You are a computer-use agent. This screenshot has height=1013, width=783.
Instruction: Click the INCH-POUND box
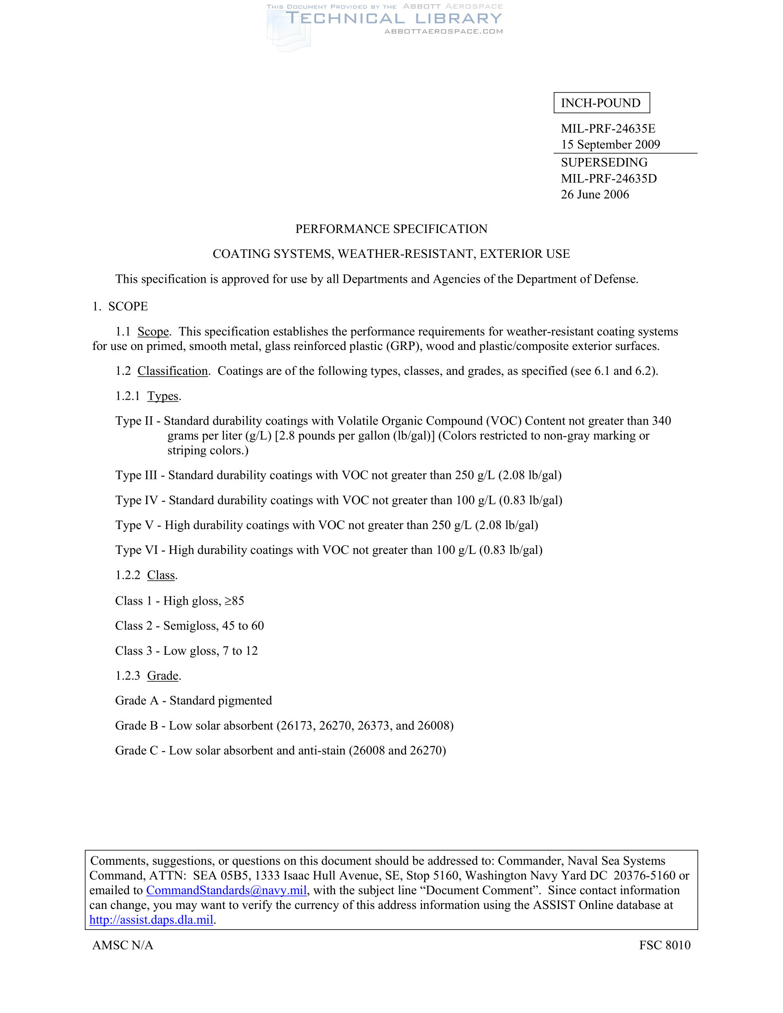point(601,103)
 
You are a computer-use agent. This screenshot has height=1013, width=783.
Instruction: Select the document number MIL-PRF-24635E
point(608,128)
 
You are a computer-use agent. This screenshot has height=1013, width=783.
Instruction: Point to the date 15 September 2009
point(610,144)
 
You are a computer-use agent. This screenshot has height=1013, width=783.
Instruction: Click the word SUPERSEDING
point(604,163)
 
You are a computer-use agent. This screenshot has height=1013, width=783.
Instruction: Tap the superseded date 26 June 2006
point(595,194)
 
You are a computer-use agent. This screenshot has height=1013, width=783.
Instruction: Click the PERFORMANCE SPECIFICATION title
point(391,229)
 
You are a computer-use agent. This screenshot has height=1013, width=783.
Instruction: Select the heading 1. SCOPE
point(120,306)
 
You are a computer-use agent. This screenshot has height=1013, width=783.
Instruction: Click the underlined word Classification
point(173,371)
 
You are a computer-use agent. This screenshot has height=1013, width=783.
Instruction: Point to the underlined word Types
point(163,396)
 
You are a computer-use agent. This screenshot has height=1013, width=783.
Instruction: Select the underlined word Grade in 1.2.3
point(163,676)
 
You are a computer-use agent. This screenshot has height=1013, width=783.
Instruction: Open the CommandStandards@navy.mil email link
point(226,891)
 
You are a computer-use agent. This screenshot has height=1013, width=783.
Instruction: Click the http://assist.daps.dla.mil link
point(151,920)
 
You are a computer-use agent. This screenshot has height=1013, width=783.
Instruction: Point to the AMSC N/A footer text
point(123,945)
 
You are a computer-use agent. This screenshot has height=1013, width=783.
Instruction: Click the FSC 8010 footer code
point(664,945)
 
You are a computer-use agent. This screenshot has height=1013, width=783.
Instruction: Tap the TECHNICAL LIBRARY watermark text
point(393,18)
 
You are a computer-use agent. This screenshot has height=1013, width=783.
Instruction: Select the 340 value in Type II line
point(661,421)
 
